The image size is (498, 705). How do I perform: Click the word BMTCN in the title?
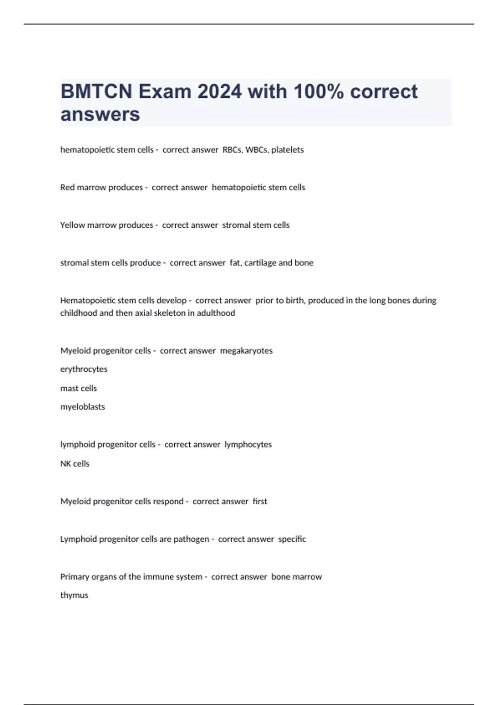pos(96,92)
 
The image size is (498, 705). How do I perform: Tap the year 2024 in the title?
pos(220,92)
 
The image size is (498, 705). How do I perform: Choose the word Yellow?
pos(73,225)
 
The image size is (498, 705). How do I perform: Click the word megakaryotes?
pos(246,351)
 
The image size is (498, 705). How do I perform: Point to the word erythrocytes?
pos(84,369)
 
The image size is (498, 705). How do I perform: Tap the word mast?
pos(68,389)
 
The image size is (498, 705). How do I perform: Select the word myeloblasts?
pos(83,407)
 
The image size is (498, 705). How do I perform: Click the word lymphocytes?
pos(248,445)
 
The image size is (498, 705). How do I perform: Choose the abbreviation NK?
pos(66,464)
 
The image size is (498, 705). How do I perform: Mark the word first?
pos(260,501)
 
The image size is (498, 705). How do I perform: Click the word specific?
pos(292,539)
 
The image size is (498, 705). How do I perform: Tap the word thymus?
pos(74,596)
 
